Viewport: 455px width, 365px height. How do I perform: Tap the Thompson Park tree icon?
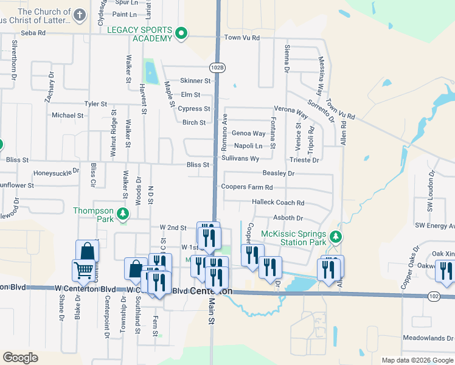pyautogui.click(x=123, y=214)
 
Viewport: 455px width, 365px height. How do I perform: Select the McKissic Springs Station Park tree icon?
pyautogui.click(x=335, y=236)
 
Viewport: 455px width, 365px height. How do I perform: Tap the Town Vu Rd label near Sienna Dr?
pyautogui.click(x=241, y=38)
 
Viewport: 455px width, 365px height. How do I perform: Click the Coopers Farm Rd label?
pyautogui.click(x=247, y=187)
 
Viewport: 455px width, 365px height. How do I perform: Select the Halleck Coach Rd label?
pyautogui.click(x=277, y=203)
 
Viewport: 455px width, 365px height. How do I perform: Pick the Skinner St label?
pyautogui.click(x=195, y=81)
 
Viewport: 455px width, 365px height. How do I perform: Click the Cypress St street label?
pyautogui.click(x=193, y=109)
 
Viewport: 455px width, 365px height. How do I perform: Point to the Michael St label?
pyautogui.click(x=67, y=115)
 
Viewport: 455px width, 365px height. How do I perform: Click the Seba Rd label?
pyautogui.click(x=33, y=33)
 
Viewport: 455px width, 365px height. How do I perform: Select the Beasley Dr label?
pyautogui.click(x=279, y=173)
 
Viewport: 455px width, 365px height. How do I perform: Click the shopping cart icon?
pyautogui.click(x=83, y=270)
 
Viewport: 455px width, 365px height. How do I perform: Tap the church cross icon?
pyautogui.click(x=80, y=14)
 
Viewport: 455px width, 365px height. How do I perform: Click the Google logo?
pyautogui.click(x=20, y=358)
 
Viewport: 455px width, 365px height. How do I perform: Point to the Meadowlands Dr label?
pyautogui.click(x=425, y=338)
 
